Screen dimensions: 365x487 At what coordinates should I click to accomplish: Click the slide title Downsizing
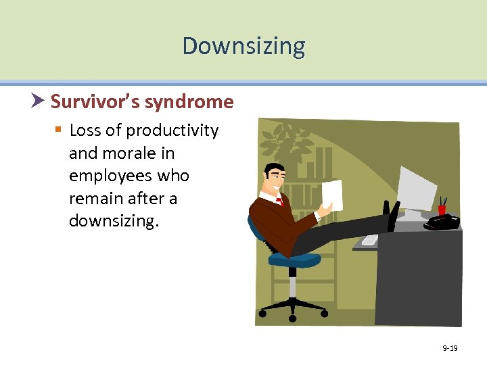[x=243, y=46]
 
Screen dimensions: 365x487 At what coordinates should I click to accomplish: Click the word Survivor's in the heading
[x=94, y=102]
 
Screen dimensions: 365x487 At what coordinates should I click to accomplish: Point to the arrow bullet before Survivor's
[x=39, y=101]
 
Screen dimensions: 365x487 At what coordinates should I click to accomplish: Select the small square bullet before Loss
[x=58, y=130]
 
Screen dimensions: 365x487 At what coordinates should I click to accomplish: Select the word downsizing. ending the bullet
[x=114, y=222]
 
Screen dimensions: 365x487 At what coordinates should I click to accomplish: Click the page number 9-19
[x=450, y=348]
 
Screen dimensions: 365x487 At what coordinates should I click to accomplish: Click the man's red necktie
[x=279, y=200]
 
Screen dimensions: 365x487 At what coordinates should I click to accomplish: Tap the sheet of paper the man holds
[x=332, y=195]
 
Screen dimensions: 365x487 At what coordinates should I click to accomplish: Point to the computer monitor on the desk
[x=417, y=190]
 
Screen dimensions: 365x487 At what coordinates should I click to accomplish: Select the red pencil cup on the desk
[x=442, y=209]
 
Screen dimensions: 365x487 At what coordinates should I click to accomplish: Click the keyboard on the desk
[x=370, y=239]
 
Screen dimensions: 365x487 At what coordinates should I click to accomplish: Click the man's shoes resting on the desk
[x=392, y=215]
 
